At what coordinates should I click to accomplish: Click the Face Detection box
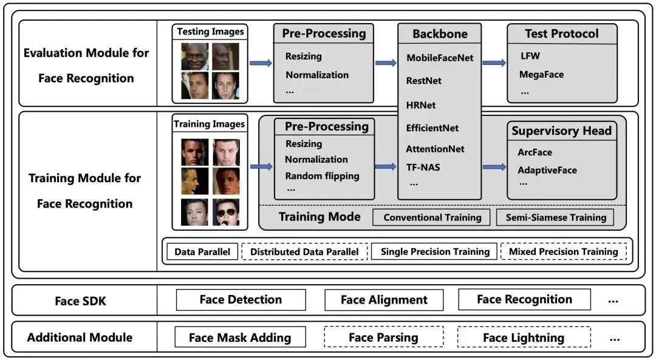(241, 300)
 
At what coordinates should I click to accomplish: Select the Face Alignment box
(384, 300)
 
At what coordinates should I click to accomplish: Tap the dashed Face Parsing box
(384, 337)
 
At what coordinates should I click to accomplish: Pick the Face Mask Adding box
(240, 337)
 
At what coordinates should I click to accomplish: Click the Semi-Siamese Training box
(555, 217)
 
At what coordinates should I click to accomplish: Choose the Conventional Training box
(431, 217)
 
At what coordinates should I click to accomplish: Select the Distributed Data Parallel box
(304, 252)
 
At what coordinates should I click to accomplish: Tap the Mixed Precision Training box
(564, 251)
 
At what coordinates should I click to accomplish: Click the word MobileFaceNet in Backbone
(440, 58)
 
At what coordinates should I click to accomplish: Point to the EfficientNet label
(432, 128)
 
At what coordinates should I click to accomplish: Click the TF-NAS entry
(423, 167)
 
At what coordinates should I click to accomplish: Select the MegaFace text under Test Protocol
(541, 75)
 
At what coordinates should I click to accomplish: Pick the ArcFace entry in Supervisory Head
(535, 152)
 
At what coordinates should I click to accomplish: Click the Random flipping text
(322, 176)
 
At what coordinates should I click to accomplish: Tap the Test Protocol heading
(561, 33)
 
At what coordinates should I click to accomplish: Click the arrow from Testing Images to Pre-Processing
(261, 63)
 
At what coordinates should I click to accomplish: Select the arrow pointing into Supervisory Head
(494, 167)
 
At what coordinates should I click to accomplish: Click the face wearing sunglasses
(226, 212)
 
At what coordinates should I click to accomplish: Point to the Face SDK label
(80, 301)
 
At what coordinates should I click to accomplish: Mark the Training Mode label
(319, 217)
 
